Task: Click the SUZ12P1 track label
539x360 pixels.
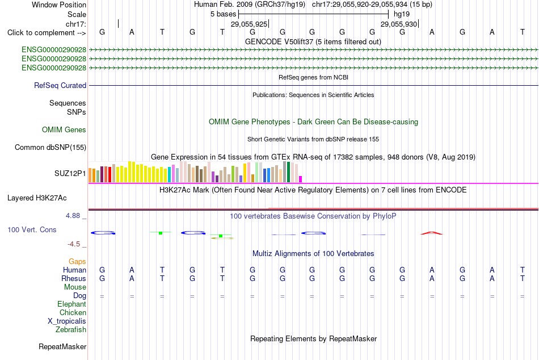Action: pos(70,173)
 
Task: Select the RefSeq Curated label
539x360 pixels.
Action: pos(60,85)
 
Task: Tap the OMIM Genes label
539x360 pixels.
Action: pos(64,130)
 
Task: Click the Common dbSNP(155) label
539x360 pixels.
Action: pos(50,147)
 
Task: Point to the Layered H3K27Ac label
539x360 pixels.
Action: pos(37,198)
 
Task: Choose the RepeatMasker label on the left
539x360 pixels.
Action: pos(62,346)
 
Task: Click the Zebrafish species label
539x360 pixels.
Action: pos(71,330)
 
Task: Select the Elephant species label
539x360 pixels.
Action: pos(72,304)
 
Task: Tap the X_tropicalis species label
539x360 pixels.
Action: pos(67,321)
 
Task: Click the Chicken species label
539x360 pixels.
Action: pos(73,312)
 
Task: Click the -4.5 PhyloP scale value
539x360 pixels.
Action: pos(74,244)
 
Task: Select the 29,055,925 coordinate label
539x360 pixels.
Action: pos(249,24)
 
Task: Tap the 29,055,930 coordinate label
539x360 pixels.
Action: pos(399,24)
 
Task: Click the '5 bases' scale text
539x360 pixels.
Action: pos(224,14)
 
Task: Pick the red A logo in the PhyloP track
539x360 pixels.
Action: pos(432,233)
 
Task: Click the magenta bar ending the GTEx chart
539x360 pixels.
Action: pos(301,179)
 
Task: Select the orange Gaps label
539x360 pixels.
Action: pos(77,262)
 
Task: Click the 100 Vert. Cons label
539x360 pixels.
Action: pos(32,229)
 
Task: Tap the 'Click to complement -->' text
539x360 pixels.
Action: pos(47,33)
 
